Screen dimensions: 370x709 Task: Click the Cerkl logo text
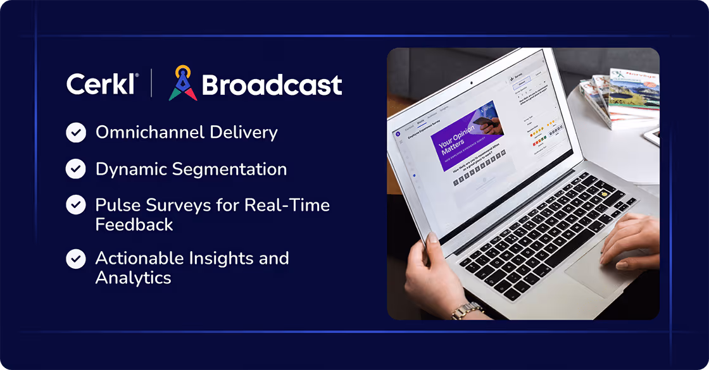tap(102, 84)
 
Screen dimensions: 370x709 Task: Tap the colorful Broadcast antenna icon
tap(183, 83)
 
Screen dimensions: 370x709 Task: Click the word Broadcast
tap(272, 85)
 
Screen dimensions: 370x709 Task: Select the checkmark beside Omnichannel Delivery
tap(76, 133)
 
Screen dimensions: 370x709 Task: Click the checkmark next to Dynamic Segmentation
tap(76, 169)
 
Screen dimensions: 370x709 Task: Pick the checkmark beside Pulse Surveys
tap(76, 205)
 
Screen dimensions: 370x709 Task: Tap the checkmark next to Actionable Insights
tap(76, 259)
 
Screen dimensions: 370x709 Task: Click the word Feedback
tap(134, 224)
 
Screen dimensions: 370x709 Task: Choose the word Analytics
tap(133, 278)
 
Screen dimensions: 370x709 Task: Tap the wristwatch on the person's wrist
tap(467, 310)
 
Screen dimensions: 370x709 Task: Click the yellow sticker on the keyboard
tap(606, 192)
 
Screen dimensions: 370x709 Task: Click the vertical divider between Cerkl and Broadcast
tap(151, 83)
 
